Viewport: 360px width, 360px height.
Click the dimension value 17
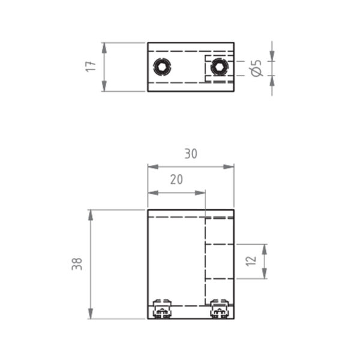91,67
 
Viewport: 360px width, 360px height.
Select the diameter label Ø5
256,68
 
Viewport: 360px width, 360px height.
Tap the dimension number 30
191,154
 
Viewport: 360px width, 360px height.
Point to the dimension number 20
176,179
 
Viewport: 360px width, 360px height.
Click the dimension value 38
77,264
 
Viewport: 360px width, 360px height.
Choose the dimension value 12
251,261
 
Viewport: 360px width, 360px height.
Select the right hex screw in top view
219,67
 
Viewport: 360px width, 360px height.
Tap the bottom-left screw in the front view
162,309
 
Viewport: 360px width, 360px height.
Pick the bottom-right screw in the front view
220,309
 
